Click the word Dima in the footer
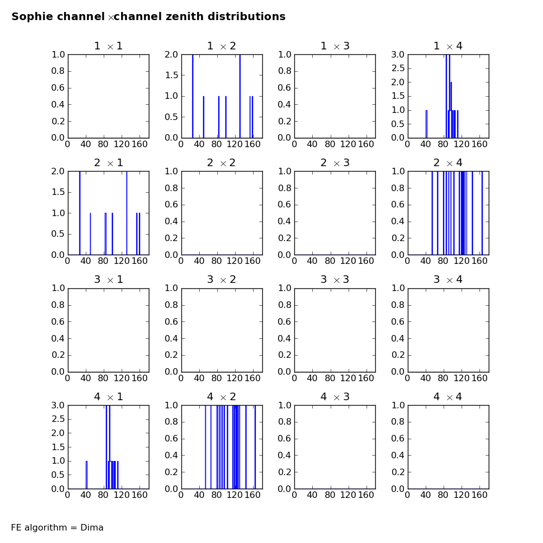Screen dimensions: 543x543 coord(92,527)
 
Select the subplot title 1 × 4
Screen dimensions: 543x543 coord(448,46)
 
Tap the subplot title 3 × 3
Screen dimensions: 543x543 coord(335,280)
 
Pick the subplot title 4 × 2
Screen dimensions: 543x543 coord(222,396)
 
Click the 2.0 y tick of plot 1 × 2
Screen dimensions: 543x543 coord(171,54)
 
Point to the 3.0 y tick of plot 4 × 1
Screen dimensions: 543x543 coord(58,405)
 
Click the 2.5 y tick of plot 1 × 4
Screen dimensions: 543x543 coord(398,68)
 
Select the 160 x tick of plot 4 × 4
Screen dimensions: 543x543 coord(479,495)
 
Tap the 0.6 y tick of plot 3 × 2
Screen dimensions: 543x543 coord(171,321)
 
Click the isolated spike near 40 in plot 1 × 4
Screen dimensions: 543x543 coord(426,124)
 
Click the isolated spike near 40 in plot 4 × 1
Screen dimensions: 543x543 coord(86,475)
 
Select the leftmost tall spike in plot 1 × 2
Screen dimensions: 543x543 coord(193,96)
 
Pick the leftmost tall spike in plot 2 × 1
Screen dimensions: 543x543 coord(80,213)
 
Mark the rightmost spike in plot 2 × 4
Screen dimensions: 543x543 coord(482,213)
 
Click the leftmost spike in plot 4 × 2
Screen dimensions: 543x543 coord(205,447)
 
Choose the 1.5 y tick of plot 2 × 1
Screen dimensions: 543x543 coord(58,192)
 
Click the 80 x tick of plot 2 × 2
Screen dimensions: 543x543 coord(217,261)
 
